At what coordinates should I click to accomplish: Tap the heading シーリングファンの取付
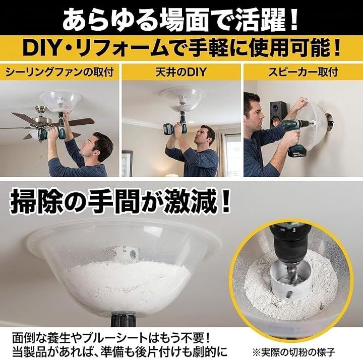pos(59,72)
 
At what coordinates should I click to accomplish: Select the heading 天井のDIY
pos(180,72)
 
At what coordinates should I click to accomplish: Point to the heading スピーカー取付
pos(303,72)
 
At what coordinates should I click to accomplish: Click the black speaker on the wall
pos(278,114)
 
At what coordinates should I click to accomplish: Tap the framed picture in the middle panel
pos(127,164)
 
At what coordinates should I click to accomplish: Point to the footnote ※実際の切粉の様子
pos(294,352)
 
